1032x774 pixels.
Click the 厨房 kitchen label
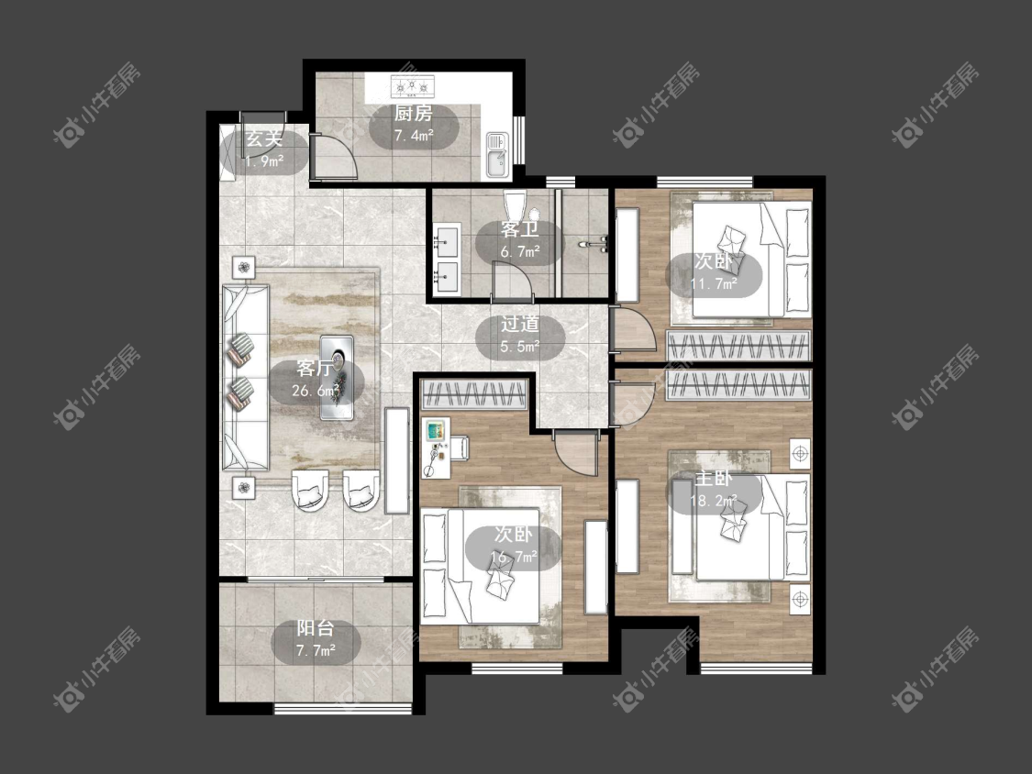[x=414, y=114]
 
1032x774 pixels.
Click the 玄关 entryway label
[x=264, y=138]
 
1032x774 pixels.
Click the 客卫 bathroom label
[x=519, y=229]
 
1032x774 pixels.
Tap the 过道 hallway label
[x=520, y=324]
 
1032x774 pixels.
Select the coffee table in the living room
[x=337, y=377]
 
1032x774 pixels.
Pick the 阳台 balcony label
[x=316, y=628]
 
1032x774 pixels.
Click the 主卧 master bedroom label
[x=714, y=479]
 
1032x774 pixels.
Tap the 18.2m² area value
[x=714, y=501]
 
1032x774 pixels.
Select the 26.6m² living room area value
[x=316, y=391]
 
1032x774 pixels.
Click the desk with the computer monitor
[x=437, y=447]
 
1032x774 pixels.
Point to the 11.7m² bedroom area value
[x=714, y=283]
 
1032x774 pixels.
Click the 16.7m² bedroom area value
[x=514, y=558]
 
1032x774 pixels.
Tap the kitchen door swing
[x=334, y=158]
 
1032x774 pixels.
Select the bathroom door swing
[x=512, y=281]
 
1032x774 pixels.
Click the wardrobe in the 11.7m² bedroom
[x=738, y=346]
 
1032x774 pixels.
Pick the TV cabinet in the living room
[x=396, y=460]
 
